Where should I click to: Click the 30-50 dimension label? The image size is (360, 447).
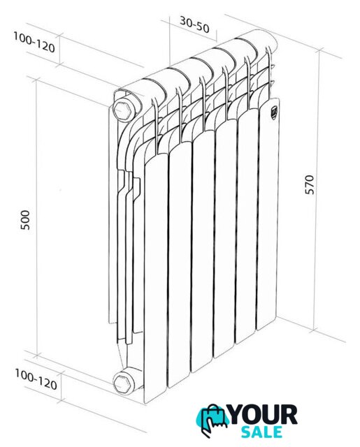tap(194, 25)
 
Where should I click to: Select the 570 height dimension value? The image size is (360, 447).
tap(309, 184)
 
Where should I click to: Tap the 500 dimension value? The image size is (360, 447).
tap(25, 220)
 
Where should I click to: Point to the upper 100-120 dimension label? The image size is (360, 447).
tap(34, 42)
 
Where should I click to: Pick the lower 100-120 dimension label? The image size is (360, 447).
tap(36, 379)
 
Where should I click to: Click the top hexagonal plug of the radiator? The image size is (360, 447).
tap(123, 109)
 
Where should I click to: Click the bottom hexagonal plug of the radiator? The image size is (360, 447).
tap(122, 383)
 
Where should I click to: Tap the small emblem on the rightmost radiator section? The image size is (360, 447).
tap(273, 111)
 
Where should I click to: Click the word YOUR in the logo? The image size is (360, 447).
tap(263, 415)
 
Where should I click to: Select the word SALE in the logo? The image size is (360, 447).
tap(261, 432)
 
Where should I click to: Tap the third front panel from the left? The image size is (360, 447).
tap(203, 251)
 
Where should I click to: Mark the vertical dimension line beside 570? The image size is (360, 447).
tap(317, 191)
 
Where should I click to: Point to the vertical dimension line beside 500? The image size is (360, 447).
tap(36, 217)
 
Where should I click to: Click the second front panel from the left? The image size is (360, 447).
tap(180, 264)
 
